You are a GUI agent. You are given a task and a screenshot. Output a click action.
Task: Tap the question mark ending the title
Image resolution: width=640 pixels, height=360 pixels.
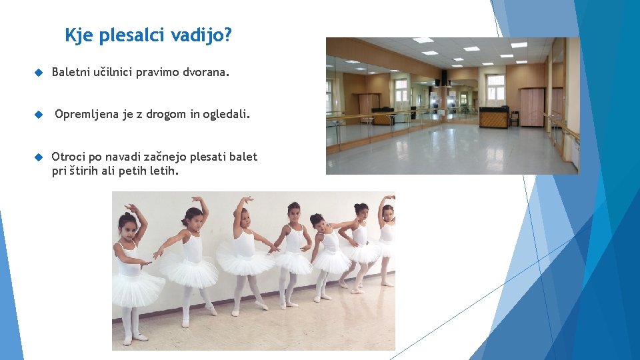pos(228,35)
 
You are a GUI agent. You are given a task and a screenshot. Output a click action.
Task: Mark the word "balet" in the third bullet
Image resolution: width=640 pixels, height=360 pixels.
pos(243,157)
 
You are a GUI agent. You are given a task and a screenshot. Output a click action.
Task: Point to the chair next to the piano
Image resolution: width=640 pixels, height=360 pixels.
pos(514,118)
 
